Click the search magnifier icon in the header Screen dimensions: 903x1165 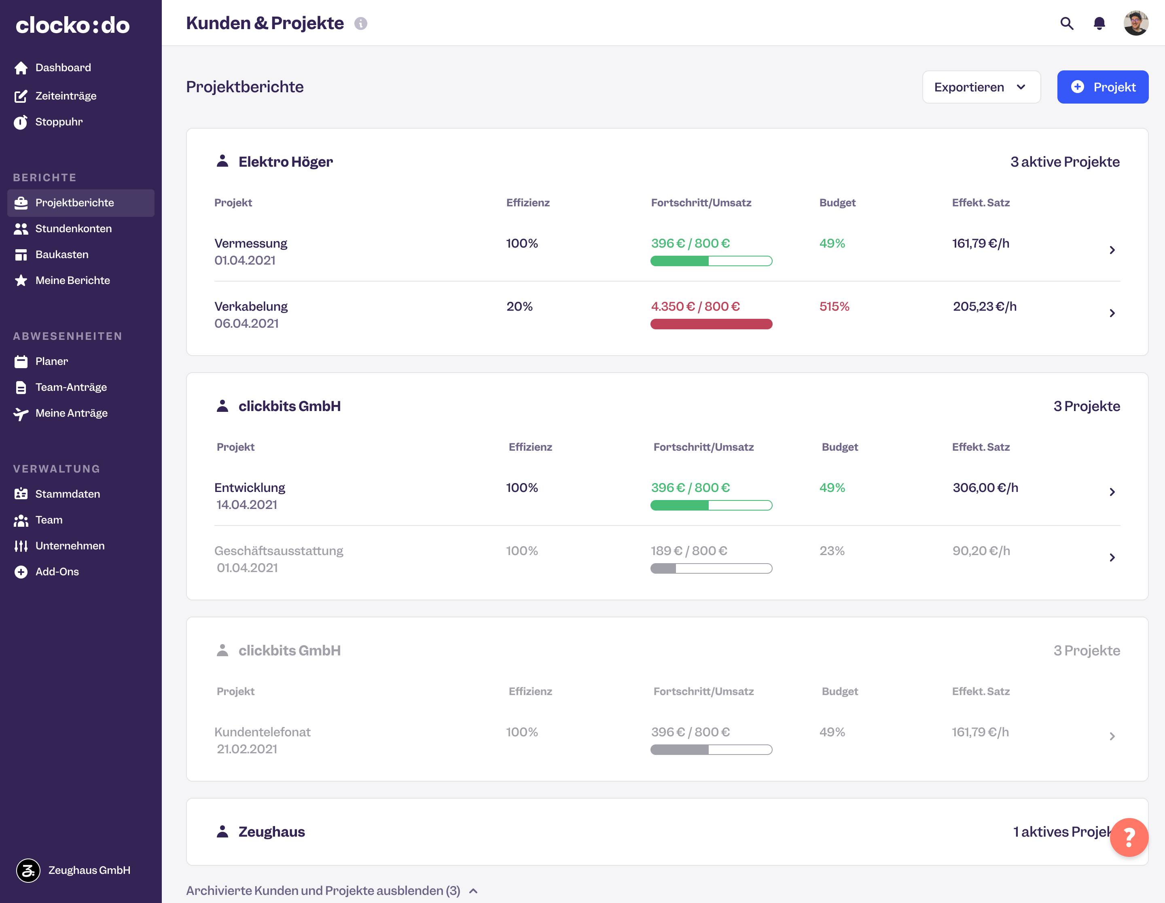1066,23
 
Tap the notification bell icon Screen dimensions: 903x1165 1099,23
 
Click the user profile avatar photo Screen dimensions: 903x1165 1135,23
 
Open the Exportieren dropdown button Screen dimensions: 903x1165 981,87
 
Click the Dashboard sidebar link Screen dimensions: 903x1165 63,68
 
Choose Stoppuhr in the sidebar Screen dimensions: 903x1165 59,122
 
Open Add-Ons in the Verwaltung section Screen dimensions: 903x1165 57,572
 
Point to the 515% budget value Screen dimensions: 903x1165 834,307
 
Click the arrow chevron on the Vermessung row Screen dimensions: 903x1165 1112,250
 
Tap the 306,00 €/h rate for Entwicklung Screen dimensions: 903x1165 985,488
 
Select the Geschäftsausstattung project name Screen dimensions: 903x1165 278,551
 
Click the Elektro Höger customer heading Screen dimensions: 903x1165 285,161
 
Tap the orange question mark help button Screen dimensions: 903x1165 1129,837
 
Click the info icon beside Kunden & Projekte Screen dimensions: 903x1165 360,23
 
